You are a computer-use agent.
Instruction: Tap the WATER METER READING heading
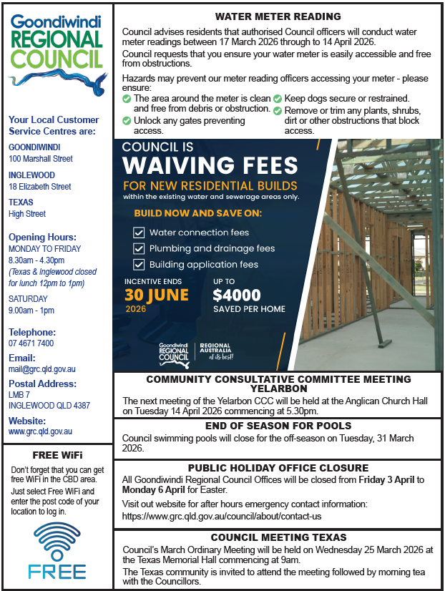[x=278, y=16]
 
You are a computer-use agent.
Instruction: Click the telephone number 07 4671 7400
[x=31, y=343]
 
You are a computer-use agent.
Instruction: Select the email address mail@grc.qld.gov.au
[x=42, y=369]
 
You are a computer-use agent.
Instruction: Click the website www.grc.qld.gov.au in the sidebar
[x=40, y=431]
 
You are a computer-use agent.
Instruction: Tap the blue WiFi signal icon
[x=57, y=541]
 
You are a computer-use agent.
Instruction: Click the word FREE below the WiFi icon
[x=57, y=572]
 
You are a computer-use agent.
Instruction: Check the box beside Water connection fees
[x=140, y=233]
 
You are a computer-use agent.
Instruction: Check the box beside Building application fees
[x=140, y=264]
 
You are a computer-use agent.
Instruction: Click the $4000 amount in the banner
[x=237, y=295]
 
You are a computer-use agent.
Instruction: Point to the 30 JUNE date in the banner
[x=157, y=295]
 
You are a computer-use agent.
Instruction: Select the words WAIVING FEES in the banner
[x=210, y=165]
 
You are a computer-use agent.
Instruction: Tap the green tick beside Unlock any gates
[x=127, y=122]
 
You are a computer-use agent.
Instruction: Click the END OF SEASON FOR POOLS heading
[x=278, y=426]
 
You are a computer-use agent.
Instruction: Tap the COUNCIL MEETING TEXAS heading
[x=278, y=537]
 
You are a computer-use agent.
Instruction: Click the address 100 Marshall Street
[x=41, y=159]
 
